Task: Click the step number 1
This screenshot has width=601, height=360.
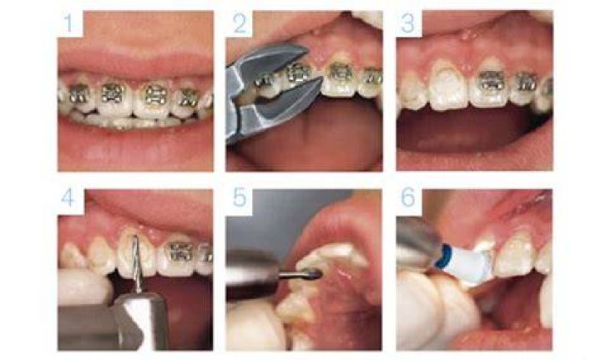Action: [x=68, y=23]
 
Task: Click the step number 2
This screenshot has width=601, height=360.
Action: [x=240, y=23]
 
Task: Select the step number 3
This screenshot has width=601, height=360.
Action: [x=408, y=23]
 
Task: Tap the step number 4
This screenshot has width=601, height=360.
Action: [x=68, y=198]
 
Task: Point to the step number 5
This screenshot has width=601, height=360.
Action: [x=240, y=198]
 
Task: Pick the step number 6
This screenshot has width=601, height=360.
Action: [x=408, y=198]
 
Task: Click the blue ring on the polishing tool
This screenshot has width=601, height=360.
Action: [x=442, y=257]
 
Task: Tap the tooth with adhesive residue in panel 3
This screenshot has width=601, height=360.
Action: [x=447, y=84]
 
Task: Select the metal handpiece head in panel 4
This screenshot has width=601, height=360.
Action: [x=142, y=320]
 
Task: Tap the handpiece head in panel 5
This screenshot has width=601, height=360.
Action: [x=252, y=275]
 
